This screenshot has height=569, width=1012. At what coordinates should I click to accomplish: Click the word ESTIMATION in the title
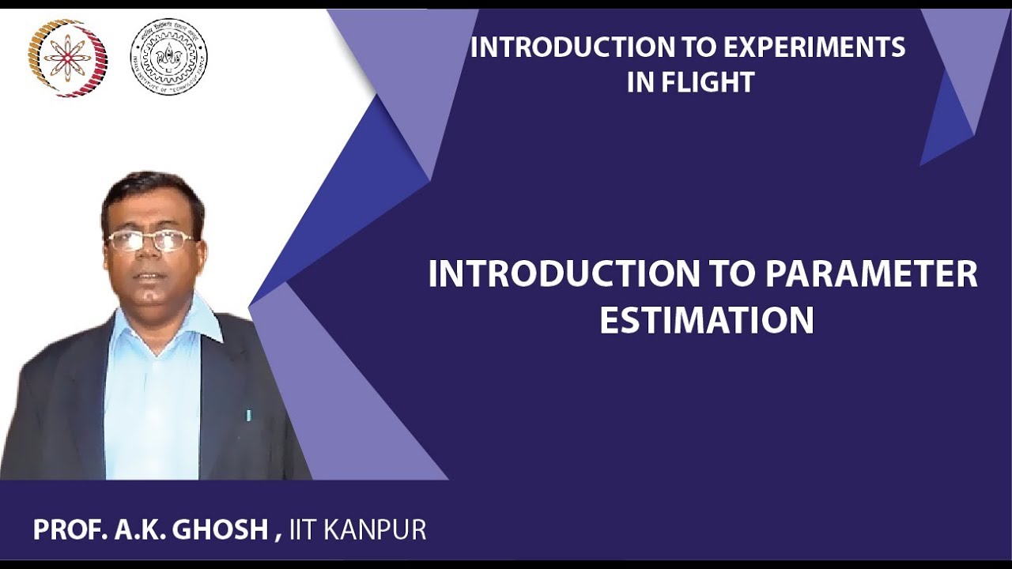706,320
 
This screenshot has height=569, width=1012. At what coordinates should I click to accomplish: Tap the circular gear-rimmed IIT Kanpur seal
168,57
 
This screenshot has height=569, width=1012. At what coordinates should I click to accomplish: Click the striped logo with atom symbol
68,57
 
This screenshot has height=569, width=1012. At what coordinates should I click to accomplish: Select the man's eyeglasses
150,240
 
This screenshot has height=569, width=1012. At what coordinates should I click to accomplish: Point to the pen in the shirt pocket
248,414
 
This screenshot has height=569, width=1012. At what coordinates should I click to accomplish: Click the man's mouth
150,277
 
